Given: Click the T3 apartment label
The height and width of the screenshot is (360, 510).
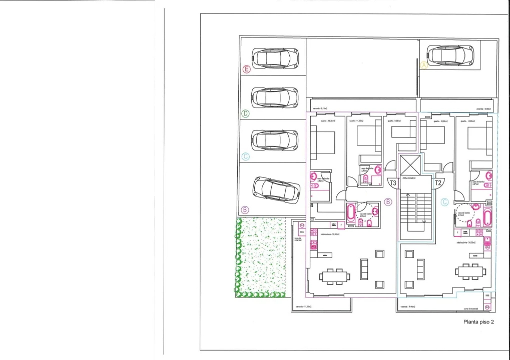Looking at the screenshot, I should click(x=392, y=183).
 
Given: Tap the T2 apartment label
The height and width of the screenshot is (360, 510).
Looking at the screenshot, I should click(x=438, y=183).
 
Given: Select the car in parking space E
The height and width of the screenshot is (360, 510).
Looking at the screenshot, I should click(x=275, y=58).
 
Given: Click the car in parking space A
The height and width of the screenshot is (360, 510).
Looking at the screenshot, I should click(x=450, y=55).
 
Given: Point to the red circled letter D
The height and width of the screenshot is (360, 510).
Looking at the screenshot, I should click(x=245, y=113).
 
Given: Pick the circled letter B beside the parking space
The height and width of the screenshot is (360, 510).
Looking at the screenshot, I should click(x=245, y=210).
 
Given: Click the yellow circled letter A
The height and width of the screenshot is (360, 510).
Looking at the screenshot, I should click(x=424, y=65).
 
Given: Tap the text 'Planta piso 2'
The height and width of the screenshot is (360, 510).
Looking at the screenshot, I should click(x=479, y=322).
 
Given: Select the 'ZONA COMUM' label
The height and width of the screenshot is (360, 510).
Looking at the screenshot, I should click(x=415, y=178).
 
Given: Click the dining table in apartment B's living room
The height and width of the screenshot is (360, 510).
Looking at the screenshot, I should click(x=335, y=276).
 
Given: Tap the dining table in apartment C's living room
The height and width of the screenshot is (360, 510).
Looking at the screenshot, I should click(x=470, y=271).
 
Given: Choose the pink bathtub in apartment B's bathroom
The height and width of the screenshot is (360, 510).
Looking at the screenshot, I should click(x=350, y=213).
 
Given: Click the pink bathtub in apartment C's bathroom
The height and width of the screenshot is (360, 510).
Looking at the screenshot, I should click(x=486, y=216).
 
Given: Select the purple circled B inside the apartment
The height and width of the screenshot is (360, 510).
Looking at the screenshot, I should click(x=388, y=202).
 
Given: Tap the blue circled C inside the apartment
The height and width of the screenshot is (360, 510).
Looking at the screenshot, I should click(x=444, y=202).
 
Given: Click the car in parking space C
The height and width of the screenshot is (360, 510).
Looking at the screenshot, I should click(x=275, y=140).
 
